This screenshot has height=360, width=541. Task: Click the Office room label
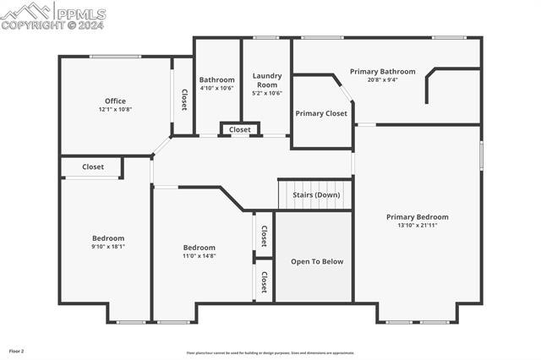click(x=115, y=101)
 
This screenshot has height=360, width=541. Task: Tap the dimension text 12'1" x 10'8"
click(x=115, y=109)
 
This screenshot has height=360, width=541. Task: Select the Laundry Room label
click(x=267, y=80)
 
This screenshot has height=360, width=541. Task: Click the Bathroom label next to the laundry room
click(x=217, y=80)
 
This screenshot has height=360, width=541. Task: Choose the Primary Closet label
click(x=321, y=113)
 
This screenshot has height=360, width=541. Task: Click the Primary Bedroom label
click(x=418, y=217)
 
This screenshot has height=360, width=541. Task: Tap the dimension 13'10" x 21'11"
click(x=418, y=225)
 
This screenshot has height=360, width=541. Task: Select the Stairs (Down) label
click(x=317, y=194)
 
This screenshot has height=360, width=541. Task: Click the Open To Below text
click(x=317, y=261)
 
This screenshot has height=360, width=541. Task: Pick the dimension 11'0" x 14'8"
click(x=199, y=255)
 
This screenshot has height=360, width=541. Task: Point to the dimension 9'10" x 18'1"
click(x=108, y=246)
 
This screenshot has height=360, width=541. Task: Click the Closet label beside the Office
click(x=183, y=100)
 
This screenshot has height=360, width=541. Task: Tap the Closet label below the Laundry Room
click(x=240, y=129)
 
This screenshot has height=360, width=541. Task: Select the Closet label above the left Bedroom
click(x=93, y=166)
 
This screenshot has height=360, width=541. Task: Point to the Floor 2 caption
click(x=17, y=350)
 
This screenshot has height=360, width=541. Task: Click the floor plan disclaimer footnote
click(x=270, y=353)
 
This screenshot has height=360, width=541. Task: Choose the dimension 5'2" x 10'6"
click(x=267, y=93)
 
